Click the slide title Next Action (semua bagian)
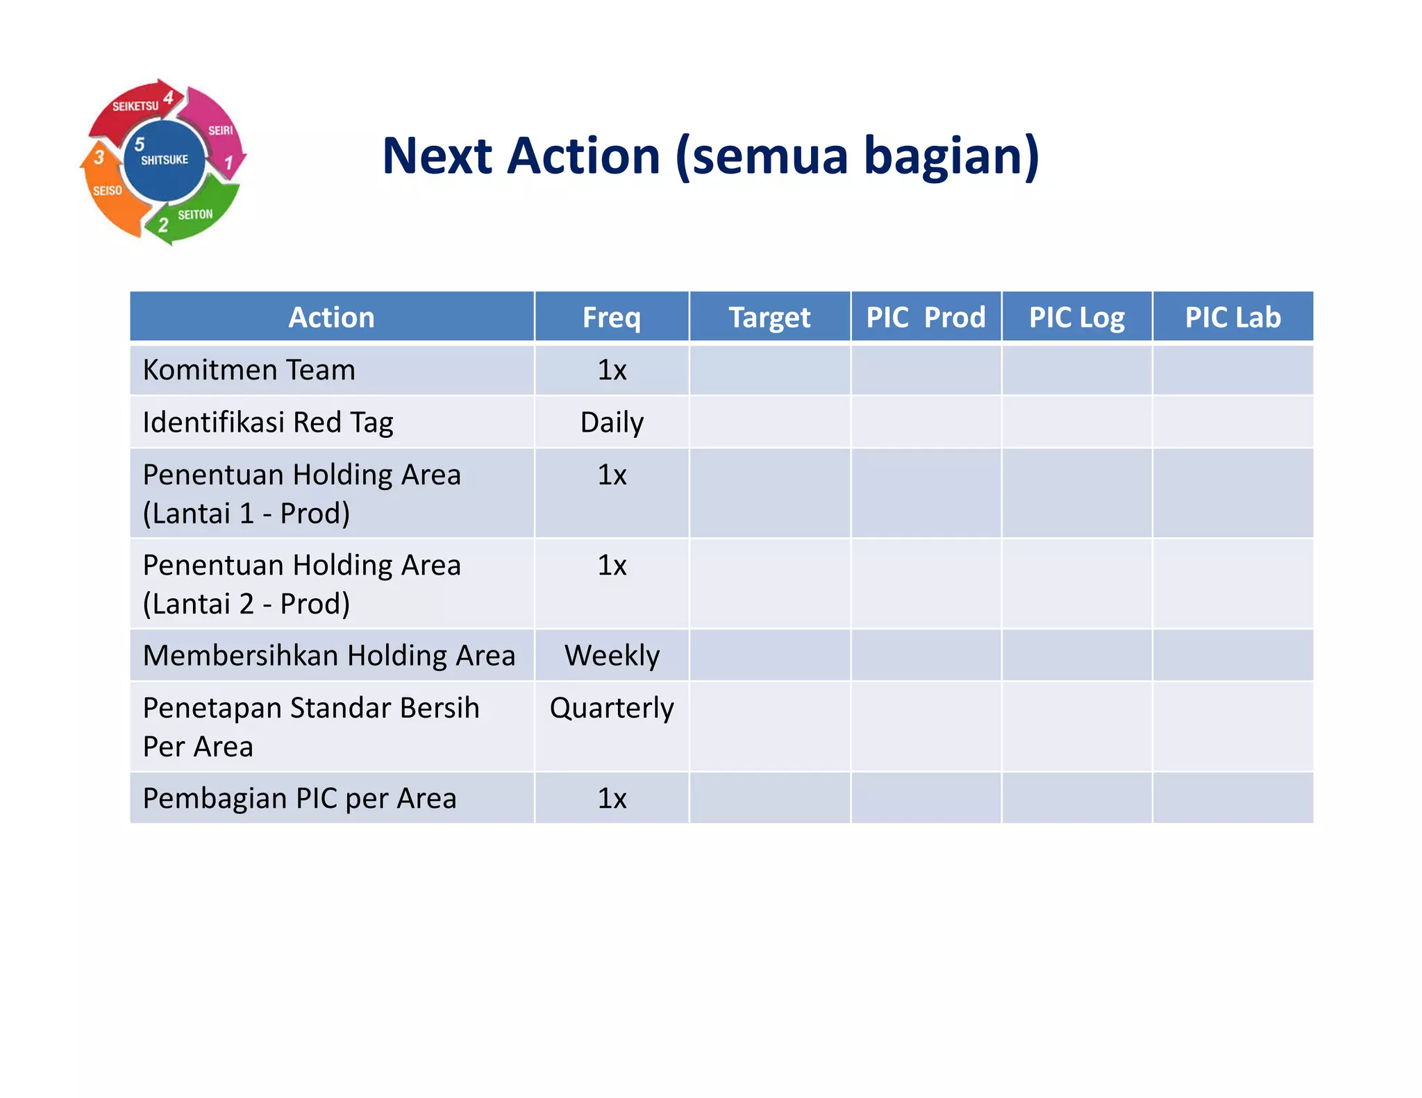pos(710,156)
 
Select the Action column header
pos(331,317)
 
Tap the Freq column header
pos(611,317)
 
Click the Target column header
pos(769,317)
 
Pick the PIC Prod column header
pos(926,317)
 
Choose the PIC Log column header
pos(1076,317)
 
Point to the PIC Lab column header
pos(1232,317)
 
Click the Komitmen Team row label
pos(249,370)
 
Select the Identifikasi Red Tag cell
pos(268,422)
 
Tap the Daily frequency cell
pos(612,422)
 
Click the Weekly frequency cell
pos(612,655)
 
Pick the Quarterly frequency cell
pos(612,708)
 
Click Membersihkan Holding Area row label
pos(329,655)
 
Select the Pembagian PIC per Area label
pos(299,798)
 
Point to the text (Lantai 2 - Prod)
pos(246,604)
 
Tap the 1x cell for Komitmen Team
pos(612,370)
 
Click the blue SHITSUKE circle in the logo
pos(165,161)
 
